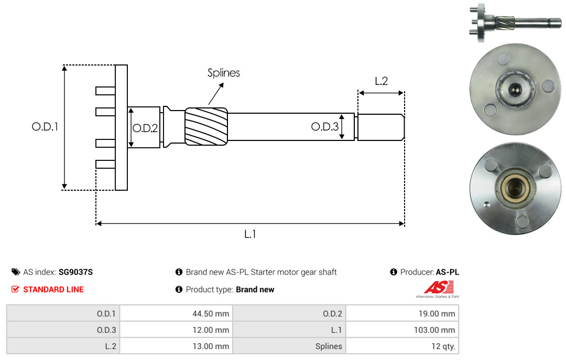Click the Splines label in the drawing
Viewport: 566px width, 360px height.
point(223,73)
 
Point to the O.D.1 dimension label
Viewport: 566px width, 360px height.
point(45,127)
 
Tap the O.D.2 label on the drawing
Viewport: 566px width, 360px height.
point(145,128)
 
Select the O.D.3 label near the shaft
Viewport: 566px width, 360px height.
point(324,126)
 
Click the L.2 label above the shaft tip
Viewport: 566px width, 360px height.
point(381,81)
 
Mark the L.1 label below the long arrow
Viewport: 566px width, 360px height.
point(250,234)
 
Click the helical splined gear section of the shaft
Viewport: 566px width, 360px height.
point(206,126)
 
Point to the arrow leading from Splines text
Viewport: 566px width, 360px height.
point(215,96)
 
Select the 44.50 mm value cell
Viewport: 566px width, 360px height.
point(176,314)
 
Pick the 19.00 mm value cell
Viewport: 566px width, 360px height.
point(402,314)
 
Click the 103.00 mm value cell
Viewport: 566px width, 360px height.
point(402,330)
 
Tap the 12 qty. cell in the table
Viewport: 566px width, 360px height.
point(402,346)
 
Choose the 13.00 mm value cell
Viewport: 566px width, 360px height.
point(176,346)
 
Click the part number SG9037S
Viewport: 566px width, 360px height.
point(75,272)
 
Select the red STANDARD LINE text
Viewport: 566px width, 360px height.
point(53,289)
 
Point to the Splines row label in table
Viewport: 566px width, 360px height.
point(329,346)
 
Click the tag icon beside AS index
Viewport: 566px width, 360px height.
point(16,272)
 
